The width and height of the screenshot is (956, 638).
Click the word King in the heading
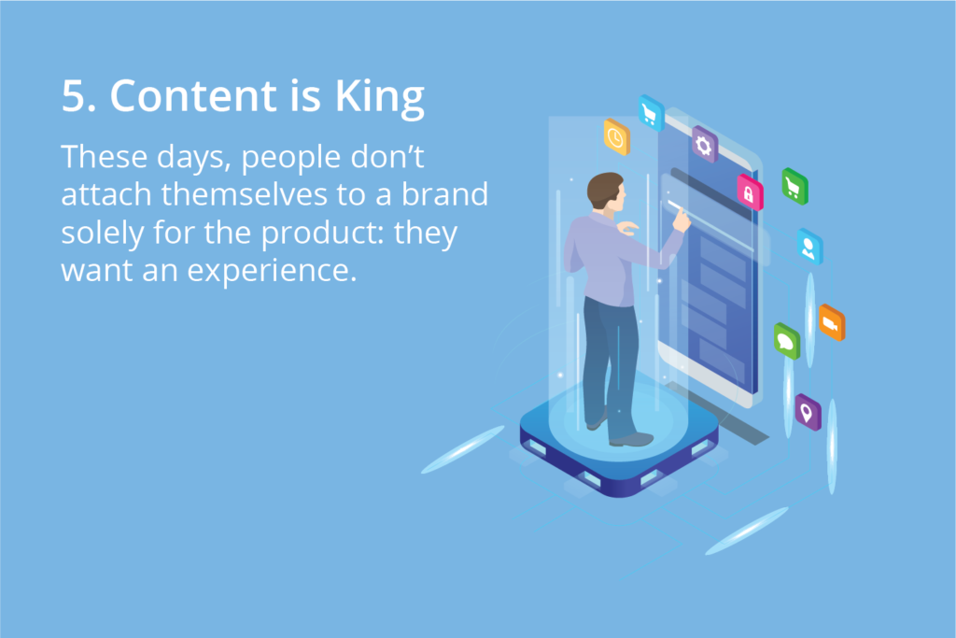tap(379, 97)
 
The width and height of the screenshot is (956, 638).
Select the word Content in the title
tap(193, 96)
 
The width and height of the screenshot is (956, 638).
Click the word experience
tap(272, 271)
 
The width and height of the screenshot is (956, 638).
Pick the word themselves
tap(245, 194)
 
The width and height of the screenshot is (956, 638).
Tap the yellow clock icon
tap(616, 137)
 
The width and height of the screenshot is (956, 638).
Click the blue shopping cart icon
tap(651, 113)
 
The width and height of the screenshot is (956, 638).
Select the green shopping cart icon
tap(794, 186)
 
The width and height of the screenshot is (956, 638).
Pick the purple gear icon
tap(704, 145)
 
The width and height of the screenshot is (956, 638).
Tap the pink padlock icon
tap(750, 192)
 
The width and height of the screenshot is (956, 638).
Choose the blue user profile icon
tap(809, 247)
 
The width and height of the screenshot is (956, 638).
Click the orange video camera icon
tap(832, 322)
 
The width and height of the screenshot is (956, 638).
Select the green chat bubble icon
tap(786, 341)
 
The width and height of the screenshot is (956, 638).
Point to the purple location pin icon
tap(808, 412)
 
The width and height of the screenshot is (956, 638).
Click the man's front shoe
tap(632, 439)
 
